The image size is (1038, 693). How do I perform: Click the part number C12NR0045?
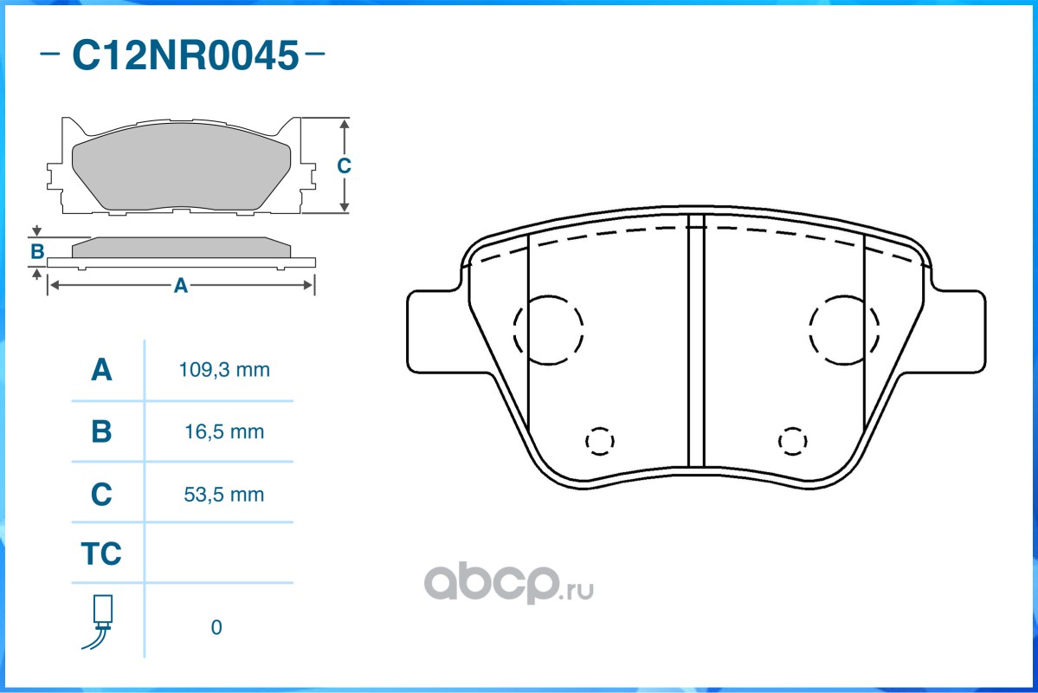[x=185, y=55]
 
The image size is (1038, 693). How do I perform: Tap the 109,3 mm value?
[x=224, y=370]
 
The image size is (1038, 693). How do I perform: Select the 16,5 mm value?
[x=224, y=432]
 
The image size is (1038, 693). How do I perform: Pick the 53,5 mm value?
[x=223, y=495]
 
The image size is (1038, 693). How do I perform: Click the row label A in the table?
[x=101, y=370]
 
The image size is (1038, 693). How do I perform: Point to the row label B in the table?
[x=101, y=431]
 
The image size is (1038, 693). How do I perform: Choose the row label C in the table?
[x=101, y=495]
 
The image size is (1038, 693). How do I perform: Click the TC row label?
[x=101, y=554]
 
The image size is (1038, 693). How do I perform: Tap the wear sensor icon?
[x=99, y=621]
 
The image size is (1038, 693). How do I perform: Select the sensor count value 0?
[x=216, y=627]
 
